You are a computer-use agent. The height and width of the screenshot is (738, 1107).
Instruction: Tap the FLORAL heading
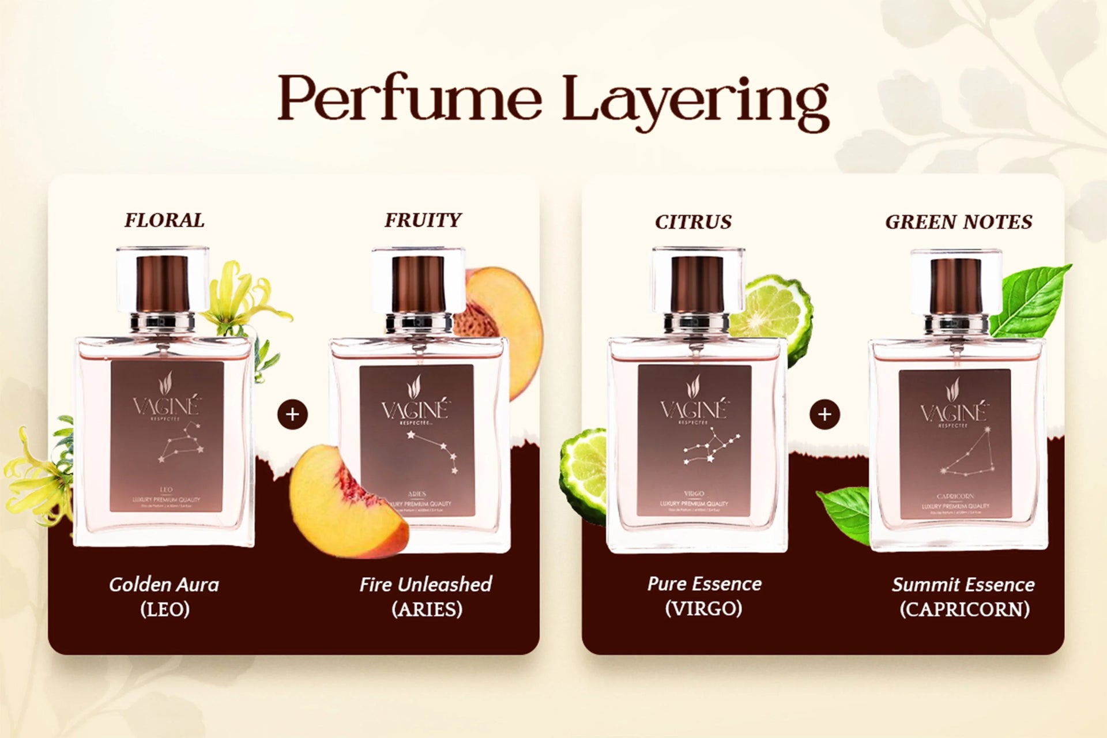click(164, 220)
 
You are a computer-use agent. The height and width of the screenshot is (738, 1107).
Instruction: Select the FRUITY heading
click(423, 220)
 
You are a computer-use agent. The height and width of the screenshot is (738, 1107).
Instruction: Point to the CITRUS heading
click(693, 222)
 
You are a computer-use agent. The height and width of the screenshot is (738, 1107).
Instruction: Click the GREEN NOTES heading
click(958, 222)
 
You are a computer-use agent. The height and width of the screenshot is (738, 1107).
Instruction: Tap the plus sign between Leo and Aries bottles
click(292, 414)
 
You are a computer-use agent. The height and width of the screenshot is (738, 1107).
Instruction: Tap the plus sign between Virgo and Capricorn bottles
click(824, 414)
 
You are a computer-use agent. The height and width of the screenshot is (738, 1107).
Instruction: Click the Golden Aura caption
click(164, 585)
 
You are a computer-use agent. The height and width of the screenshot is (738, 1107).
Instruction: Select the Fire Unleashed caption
click(426, 585)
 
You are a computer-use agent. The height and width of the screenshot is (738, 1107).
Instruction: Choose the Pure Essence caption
click(704, 583)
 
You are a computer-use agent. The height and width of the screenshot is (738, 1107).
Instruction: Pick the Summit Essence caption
click(963, 585)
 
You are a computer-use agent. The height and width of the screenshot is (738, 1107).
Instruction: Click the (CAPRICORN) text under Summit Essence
click(965, 609)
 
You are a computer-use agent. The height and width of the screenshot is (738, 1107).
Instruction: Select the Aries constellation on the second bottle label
click(434, 450)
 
